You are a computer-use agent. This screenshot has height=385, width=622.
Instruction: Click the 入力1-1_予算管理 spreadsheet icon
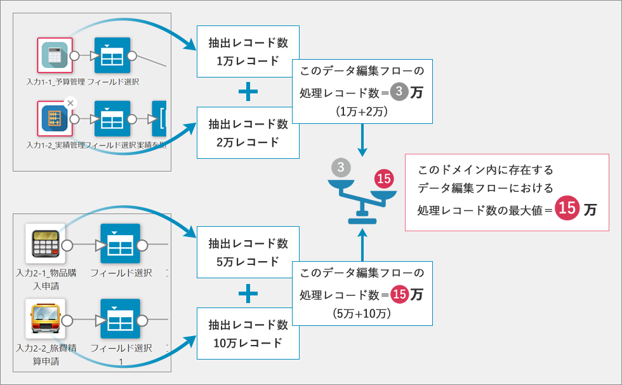pyautogui.click(x=55, y=55)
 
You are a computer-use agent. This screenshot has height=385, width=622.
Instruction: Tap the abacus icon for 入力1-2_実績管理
pyautogui.click(x=55, y=118)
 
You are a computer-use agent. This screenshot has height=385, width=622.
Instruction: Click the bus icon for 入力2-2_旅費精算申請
pyautogui.click(x=46, y=320)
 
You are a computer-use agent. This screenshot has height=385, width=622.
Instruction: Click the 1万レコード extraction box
pyautogui.click(x=248, y=52)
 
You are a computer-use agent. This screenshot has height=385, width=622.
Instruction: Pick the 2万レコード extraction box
pyautogui.click(x=248, y=133)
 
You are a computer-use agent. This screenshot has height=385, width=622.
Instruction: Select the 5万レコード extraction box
pyautogui.click(x=248, y=252)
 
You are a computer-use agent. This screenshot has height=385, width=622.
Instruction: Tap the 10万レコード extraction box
pyautogui.click(x=248, y=334)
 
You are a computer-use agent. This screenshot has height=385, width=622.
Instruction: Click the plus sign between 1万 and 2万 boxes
pyautogui.click(x=248, y=93)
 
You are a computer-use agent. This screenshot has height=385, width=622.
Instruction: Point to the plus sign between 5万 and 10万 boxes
pyautogui.click(x=248, y=294)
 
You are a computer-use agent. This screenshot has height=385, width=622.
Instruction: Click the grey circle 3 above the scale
pyautogui.click(x=341, y=168)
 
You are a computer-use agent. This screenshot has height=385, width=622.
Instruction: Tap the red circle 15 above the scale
pyautogui.click(x=383, y=179)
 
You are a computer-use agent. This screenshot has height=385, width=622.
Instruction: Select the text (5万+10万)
pyautogui.click(x=362, y=313)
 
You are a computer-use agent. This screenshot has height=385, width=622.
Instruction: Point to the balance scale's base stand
pyautogui.click(x=362, y=219)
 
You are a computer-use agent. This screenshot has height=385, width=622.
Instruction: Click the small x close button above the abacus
pyautogui.click(x=70, y=102)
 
